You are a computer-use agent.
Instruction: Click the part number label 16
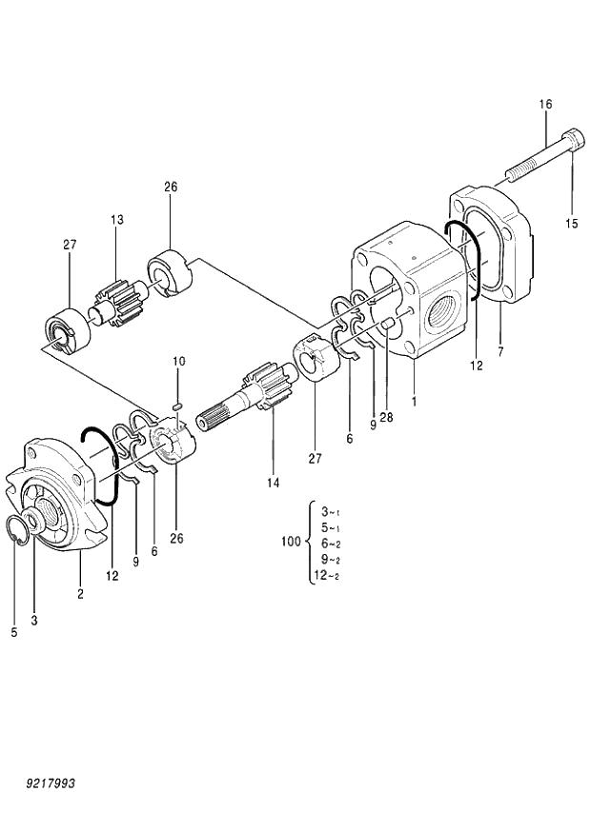pyautogui.click(x=545, y=104)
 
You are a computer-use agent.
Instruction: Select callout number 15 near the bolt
pyautogui.click(x=571, y=225)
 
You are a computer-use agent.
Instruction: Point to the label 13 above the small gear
pyautogui.click(x=116, y=221)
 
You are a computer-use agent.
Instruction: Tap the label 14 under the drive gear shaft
pyautogui.click(x=274, y=483)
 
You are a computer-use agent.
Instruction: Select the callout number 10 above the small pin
pyautogui.click(x=178, y=361)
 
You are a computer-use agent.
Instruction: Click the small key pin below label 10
pyautogui.click(x=177, y=406)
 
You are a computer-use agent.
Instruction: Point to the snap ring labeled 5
pyautogui.click(x=18, y=532)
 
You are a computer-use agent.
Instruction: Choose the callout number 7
pyautogui.click(x=500, y=351)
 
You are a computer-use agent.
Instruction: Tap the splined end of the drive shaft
pyautogui.click(x=214, y=418)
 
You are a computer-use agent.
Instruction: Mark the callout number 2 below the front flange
pyautogui.click(x=80, y=594)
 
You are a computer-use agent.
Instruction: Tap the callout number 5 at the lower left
pyautogui.click(x=14, y=631)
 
